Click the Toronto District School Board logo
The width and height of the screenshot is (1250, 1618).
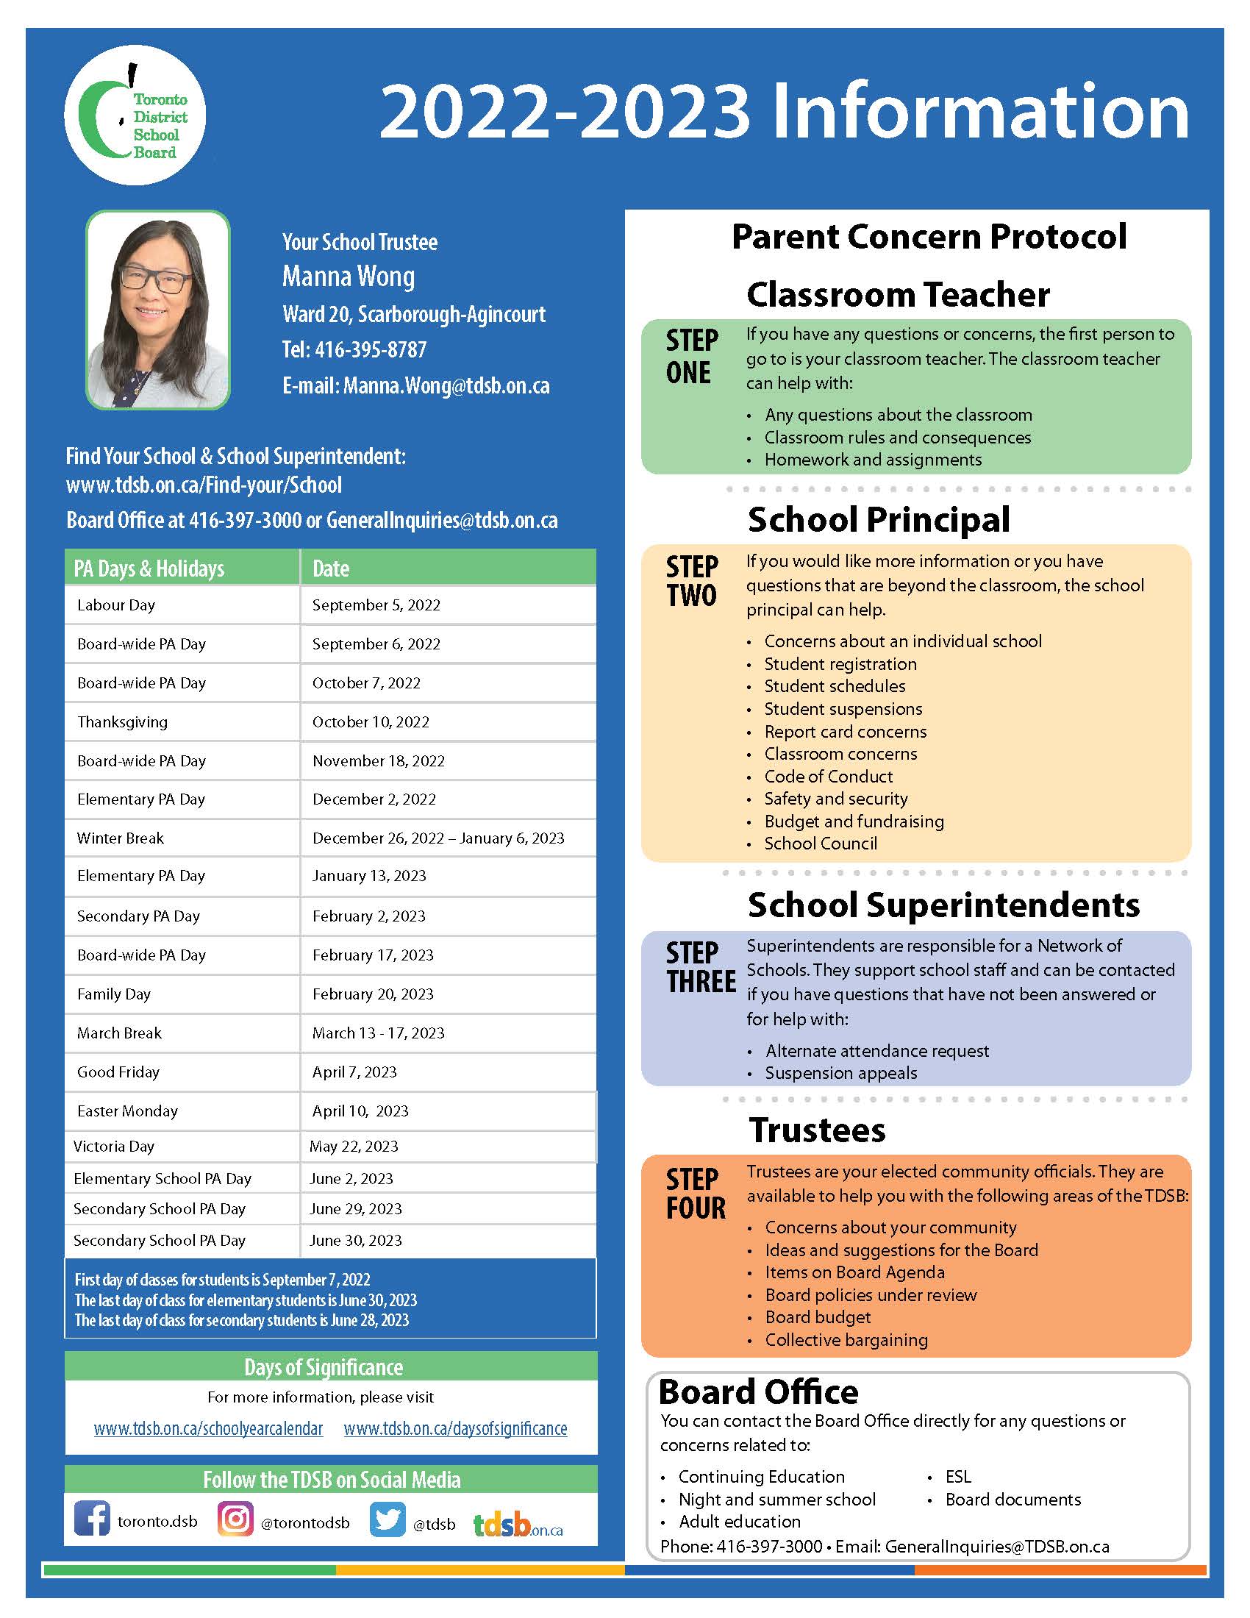pos(135,115)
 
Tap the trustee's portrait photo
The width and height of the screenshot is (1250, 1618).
pos(158,310)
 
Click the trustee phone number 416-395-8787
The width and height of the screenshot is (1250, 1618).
pos(371,349)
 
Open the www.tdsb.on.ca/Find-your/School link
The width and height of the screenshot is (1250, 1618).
pos(204,485)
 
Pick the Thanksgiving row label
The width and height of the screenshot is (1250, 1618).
pos(122,722)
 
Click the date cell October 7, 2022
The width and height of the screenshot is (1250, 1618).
pos(366,683)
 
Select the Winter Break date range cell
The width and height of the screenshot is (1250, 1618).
pos(438,838)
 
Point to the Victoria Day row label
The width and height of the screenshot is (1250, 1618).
pos(114,1147)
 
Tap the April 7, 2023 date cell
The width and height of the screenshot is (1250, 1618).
pos(354,1073)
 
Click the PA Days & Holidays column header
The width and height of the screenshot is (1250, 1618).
pos(149,569)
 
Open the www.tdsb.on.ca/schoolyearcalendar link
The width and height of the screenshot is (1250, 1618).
pos(208,1429)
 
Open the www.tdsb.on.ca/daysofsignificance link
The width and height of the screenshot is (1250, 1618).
pos(454,1429)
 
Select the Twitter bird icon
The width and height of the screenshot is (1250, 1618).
pos(387,1519)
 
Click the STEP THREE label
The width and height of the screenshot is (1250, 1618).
pos(700,968)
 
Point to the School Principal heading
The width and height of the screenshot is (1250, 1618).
pos(878,519)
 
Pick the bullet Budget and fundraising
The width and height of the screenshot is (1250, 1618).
pos(854,822)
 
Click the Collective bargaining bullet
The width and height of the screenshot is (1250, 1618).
pos(846,1340)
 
